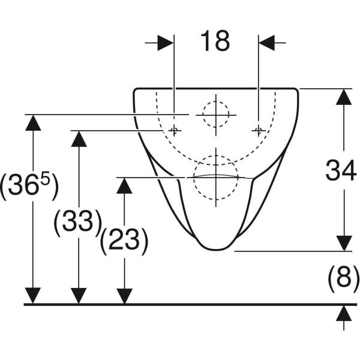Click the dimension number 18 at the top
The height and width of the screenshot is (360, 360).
coord(215,41)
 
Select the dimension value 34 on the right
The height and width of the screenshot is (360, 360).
coord(341,170)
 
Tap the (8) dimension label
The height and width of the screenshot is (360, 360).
coord(343,278)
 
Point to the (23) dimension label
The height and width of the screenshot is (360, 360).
coord(124,241)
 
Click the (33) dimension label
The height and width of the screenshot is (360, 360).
coord(78,222)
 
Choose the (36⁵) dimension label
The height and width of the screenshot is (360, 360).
coord(29,186)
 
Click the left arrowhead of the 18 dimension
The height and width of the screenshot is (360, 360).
coord(166,43)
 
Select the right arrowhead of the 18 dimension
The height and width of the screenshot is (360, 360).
coord(267,43)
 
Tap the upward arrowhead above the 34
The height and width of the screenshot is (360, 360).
coord(344,97)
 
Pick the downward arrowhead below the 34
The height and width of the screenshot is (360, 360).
coord(344,243)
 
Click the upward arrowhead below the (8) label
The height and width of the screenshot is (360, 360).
coord(344,313)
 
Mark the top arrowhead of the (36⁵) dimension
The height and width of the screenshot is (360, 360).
coord(33,123)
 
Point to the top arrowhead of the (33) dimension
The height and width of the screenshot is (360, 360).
coord(79,139)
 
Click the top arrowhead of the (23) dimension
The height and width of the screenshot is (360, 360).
coord(124,186)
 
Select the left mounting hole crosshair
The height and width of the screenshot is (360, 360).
coord(174,131)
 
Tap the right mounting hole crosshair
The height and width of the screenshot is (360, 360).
coord(259,131)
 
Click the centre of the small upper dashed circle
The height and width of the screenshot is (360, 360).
coord(216,115)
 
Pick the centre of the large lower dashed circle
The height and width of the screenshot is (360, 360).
coord(216,178)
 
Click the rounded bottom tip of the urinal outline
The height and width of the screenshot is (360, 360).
coord(216,250)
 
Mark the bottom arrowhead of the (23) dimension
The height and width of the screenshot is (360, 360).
coord(124,296)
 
